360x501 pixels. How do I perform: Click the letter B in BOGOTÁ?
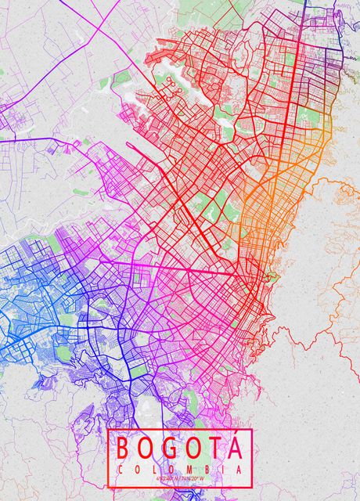coord(124,449)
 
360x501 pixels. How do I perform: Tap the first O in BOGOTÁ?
coord(146,449)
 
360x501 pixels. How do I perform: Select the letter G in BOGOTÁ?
coord(169,449)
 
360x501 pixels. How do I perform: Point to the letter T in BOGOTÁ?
coord(212,449)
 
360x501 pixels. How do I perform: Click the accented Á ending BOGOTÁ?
coord(232,450)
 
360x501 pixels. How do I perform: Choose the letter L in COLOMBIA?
coord(155,469)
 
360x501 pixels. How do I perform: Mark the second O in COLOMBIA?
coord(171,469)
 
